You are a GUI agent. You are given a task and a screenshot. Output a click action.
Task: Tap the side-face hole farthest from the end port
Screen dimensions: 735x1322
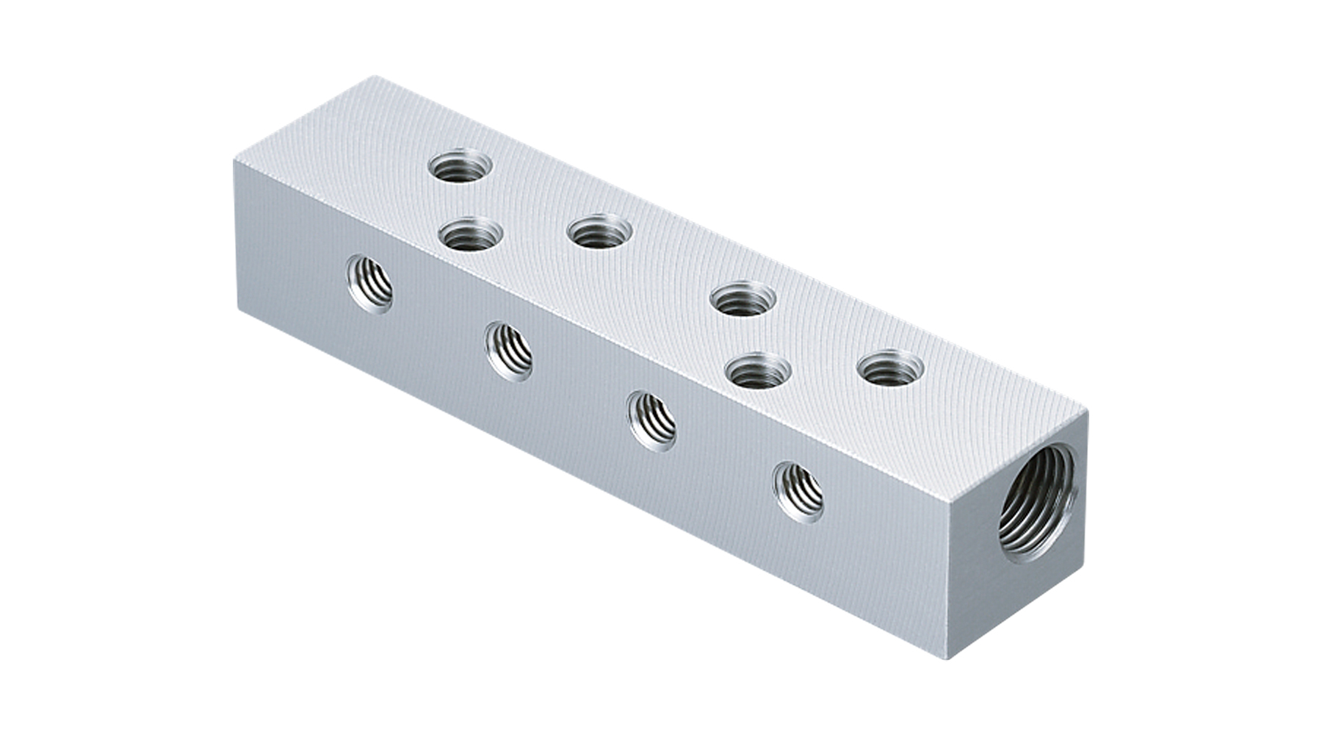369,282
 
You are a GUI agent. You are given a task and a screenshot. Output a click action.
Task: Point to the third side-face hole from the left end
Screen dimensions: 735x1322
652,420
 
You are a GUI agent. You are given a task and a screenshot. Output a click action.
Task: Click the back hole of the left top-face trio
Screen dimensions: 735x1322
459,168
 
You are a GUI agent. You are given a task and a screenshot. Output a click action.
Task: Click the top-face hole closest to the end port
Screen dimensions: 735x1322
890,368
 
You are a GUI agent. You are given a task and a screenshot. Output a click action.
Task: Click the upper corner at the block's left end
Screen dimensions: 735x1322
235,158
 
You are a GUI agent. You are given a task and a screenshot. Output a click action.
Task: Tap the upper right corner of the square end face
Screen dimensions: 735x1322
1087,413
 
